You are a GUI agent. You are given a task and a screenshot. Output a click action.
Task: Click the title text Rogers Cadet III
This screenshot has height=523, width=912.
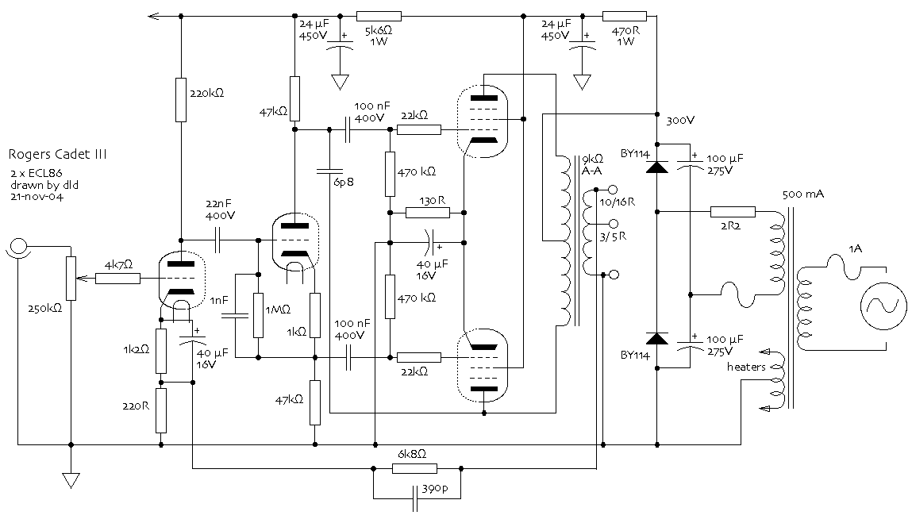(x=58, y=155)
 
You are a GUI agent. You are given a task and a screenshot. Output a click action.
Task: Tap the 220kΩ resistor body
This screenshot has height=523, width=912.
(x=181, y=100)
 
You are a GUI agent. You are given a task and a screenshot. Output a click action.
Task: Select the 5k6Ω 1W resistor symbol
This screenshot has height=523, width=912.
(x=379, y=17)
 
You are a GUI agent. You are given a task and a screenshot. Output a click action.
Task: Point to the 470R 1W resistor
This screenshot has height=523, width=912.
(x=625, y=17)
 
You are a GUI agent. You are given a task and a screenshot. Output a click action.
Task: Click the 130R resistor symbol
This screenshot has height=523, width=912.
(x=428, y=213)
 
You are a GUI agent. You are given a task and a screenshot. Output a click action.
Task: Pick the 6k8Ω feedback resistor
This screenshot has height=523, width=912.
(x=414, y=468)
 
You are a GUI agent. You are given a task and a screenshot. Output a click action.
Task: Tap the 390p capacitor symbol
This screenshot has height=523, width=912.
(x=415, y=498)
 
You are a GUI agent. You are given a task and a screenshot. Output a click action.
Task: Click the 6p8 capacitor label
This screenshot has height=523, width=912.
(x=344, y=182)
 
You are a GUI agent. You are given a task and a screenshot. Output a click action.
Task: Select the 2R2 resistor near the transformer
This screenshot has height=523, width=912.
(x=733, y=212)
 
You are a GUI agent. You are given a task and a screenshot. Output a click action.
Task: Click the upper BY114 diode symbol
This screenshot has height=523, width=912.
(x=657, y=167)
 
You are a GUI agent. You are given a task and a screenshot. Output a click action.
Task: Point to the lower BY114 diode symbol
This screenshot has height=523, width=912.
(x=657, y=338)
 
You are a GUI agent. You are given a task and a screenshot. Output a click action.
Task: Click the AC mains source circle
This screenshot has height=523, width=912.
(x=883, y=306)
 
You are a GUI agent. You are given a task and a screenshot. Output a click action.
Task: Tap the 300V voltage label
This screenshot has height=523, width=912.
(x=680, y=121)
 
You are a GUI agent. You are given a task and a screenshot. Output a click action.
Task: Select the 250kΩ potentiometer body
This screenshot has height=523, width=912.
(x=71, y=279)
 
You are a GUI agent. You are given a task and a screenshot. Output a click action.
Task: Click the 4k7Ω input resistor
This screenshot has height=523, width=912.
(x=118, y=279)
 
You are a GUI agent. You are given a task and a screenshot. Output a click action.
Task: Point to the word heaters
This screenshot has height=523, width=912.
(x=746, y=367)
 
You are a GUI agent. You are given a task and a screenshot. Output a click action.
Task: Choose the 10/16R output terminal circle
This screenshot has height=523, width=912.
(x=613, y=190)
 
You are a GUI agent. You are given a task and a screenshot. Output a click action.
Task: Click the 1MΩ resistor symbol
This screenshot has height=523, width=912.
(x=258, y=315)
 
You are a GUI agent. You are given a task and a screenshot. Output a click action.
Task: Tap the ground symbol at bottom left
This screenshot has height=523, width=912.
(x=71, y=480)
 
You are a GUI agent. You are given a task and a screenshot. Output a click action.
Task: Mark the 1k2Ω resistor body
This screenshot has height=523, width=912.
(x=161, y=351)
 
